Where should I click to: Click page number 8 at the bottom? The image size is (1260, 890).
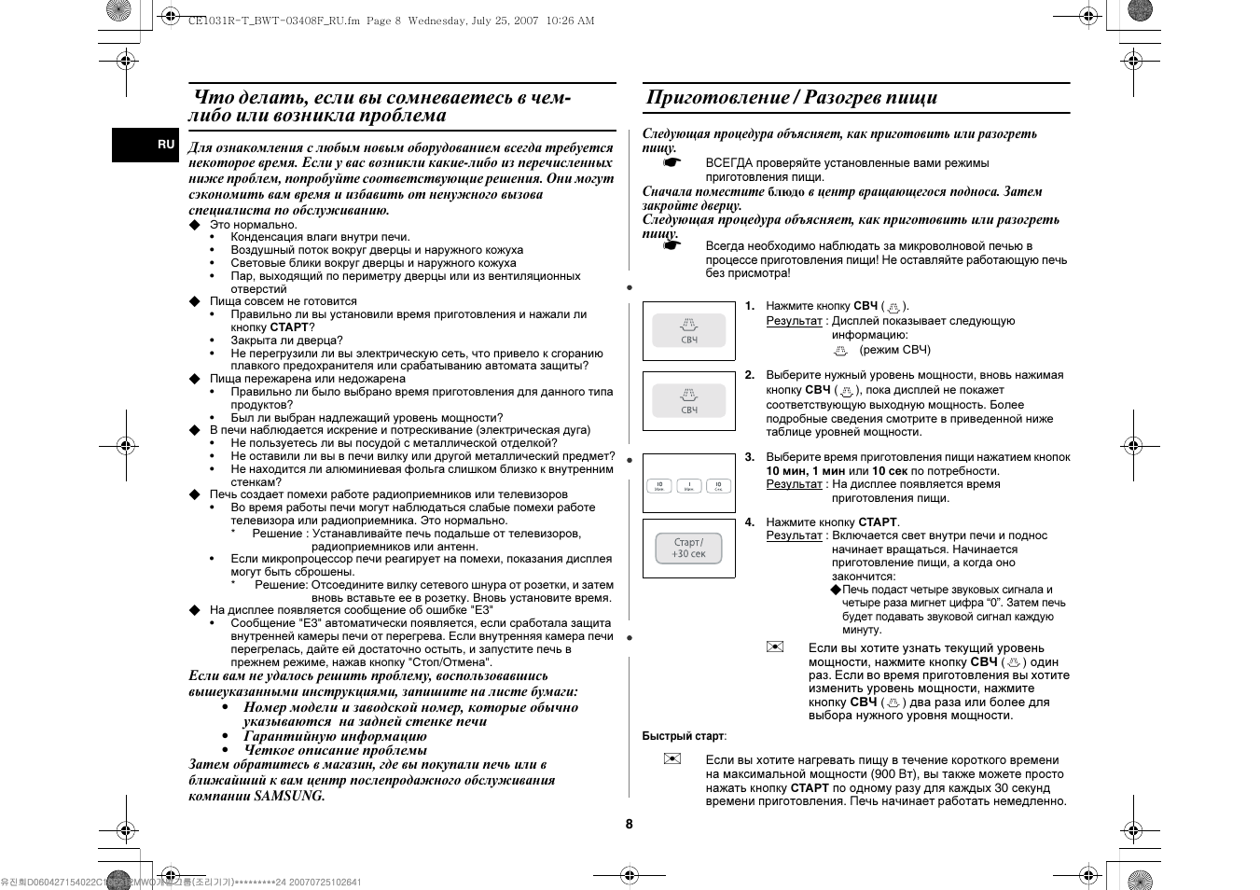tap(630, 824)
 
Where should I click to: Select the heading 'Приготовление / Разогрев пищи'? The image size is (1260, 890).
tap(791, 97)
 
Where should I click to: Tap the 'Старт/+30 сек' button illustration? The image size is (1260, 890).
tap(688, 549)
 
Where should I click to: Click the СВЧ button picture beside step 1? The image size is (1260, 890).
tap(688, 330)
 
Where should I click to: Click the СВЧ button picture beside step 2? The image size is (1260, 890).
tap(688, 401)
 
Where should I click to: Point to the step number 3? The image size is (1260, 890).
tap(749, 457)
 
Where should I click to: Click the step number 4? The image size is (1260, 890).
tap(749, 522)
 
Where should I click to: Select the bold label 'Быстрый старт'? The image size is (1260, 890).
tap(683, 736)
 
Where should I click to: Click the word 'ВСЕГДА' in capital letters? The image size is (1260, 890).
tap(729, 163)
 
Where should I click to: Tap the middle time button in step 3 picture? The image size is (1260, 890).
tap(688, 486)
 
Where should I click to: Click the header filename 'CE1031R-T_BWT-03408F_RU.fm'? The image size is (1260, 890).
tap(261, 21)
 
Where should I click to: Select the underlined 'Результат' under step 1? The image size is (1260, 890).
tap(794, 321)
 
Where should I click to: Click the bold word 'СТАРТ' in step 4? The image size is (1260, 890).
tap(878, 522)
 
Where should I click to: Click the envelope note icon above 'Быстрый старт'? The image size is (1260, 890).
tap(774, 647)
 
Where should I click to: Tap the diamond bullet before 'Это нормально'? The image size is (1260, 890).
tap(195, 225)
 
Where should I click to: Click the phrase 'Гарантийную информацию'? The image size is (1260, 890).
tap(335, 736)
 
